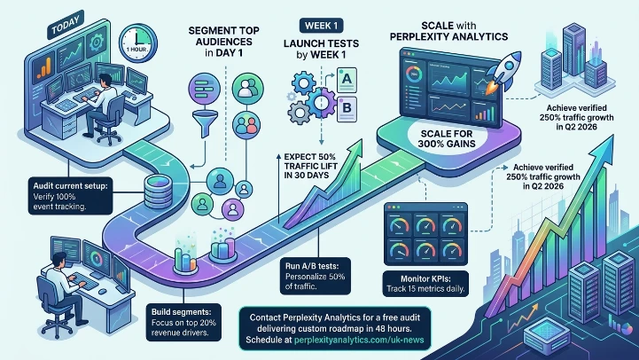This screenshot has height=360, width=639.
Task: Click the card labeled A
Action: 347,81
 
